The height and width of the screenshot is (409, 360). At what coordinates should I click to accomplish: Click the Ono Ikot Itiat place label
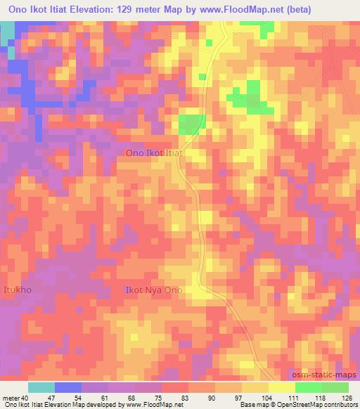coord(155,152)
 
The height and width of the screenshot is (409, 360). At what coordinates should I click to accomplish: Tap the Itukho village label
coord(18,290)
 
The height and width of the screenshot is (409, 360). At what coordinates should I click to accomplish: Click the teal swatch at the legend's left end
coord(41,387)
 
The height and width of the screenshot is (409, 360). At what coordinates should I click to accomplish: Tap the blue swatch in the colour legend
coord(68,387)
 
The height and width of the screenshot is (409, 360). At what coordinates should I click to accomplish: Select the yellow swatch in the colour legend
coord(281,387)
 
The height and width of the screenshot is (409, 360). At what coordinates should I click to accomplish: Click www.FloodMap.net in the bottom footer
coord(151,405)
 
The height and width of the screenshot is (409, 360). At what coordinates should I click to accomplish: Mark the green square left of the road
coord(192,124)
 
